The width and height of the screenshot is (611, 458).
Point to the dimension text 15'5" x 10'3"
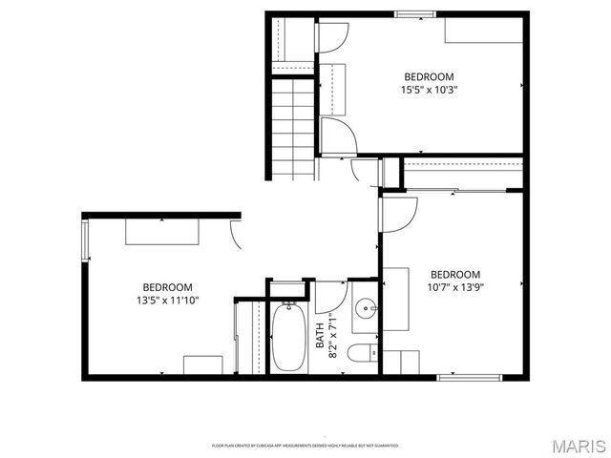click(x=429, y=91)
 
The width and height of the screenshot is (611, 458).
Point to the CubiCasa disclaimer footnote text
click(x=305, y=446)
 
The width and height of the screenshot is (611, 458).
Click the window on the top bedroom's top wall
click(x=416, y=13)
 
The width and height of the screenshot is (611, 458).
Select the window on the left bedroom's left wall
click(x=86, y=240)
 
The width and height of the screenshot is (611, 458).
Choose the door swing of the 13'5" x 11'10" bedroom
click(x=235, y=234)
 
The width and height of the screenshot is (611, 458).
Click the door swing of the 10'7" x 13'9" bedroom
click(x=398, y=213)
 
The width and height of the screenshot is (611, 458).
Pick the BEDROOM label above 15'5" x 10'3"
click(x=429, y=77)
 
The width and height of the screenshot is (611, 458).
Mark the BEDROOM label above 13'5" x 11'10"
click(x=168, y=287)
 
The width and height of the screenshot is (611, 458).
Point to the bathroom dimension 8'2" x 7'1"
click(x=333, y=335)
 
